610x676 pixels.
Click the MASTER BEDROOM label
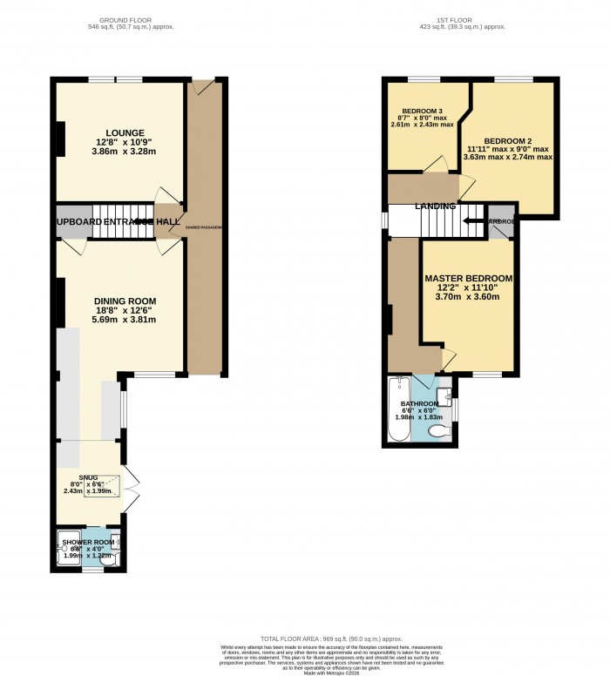[468, 278]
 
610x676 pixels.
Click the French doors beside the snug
[131, 490]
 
